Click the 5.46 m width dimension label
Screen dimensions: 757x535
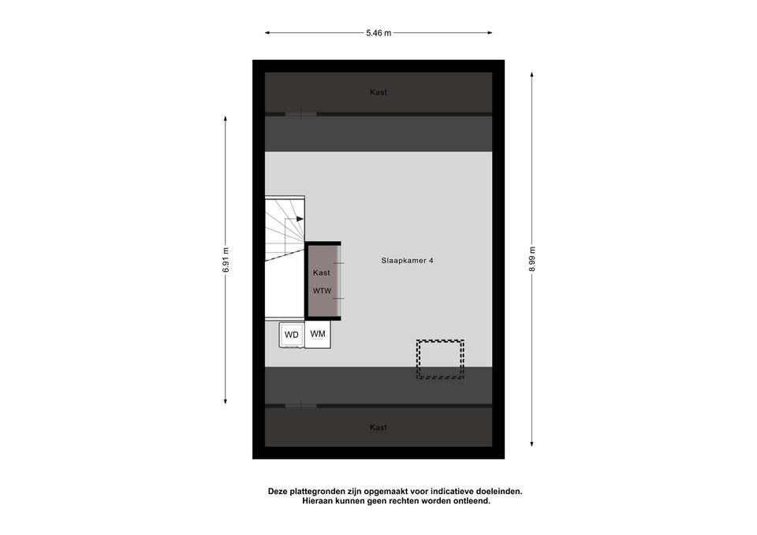(378, 33)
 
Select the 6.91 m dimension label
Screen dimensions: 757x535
(226, 260)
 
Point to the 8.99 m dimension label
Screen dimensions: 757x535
(532, 259)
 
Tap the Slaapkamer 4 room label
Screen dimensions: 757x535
(407, 261)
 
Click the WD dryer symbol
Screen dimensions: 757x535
(292, 335)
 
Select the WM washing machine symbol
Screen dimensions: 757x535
(318, 334)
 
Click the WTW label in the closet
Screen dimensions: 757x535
(322, 291)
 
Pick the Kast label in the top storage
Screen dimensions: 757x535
(378, 92)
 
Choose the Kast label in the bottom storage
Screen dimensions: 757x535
(378, 427)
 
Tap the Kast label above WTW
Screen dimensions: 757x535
(322, 273)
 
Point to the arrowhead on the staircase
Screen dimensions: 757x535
(300, 219)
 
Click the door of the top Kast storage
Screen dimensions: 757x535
(300, 114)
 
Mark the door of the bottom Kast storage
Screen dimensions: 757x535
(300, 406)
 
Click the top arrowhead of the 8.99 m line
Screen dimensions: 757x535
(532, 75)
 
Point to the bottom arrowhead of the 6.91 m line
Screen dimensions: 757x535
(226, 401)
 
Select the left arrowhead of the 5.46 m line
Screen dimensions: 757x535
(267, 33)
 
